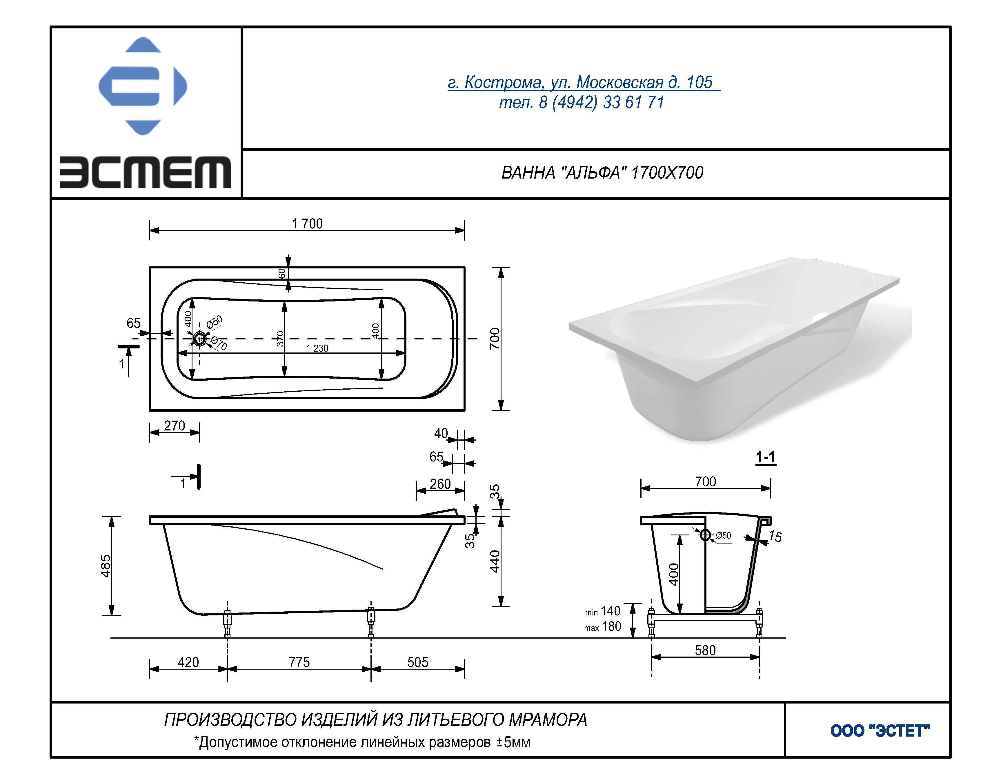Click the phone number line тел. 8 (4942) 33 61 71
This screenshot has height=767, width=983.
pos(582,103)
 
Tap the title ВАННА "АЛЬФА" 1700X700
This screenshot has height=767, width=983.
pos(602,173)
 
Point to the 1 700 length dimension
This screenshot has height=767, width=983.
pos(307,224)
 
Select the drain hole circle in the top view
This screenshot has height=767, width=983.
pos(199,339)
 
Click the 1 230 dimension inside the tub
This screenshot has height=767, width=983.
pos(317,348)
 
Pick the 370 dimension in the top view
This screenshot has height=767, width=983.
pos(280,339)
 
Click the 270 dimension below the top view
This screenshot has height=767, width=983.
pos(175,426)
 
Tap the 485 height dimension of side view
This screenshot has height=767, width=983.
pos(105,566)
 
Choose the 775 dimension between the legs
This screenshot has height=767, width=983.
pos(299,662)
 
